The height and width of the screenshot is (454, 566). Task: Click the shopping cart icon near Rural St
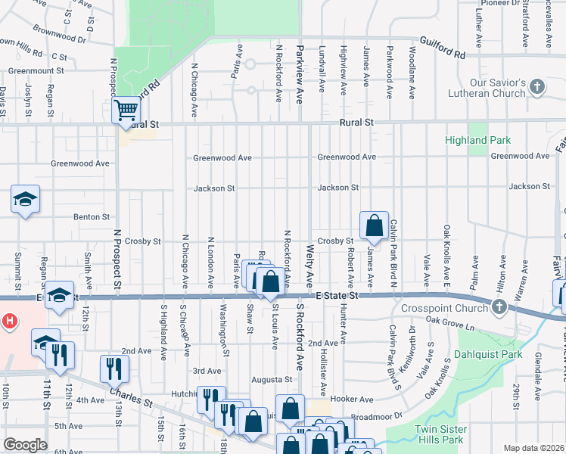[126, 110]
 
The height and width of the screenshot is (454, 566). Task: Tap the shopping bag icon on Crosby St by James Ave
[374, 225]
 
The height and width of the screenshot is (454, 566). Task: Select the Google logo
[25, 445]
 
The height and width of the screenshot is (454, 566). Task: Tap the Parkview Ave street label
[300, 64]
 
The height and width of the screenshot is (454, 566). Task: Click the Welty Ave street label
[309, 265]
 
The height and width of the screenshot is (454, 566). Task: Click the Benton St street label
[92, 217]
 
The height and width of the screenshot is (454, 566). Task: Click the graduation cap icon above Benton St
[25, 200]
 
